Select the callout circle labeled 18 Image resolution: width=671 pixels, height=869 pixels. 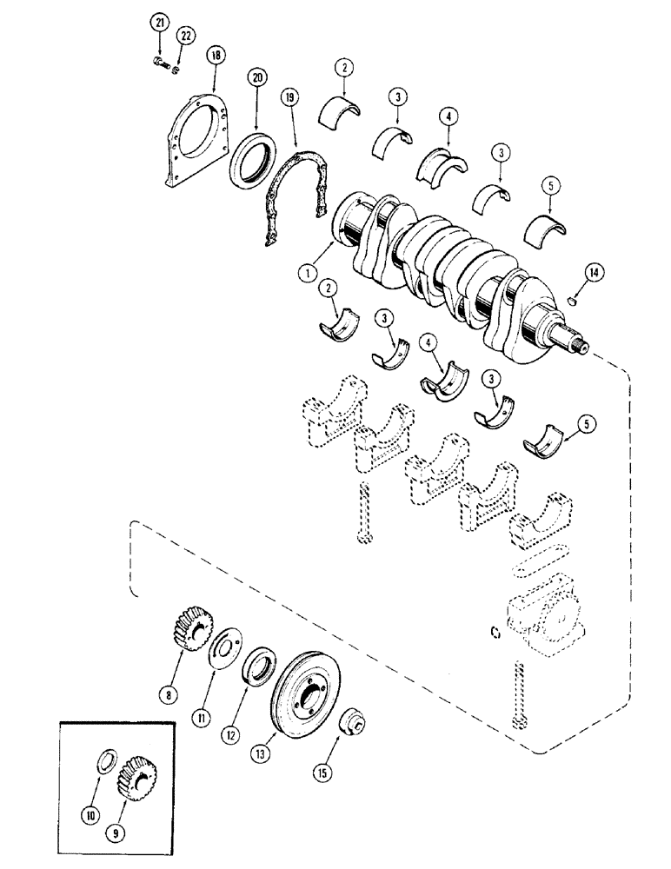(214, 54)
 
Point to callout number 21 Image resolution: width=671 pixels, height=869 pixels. (160, 26)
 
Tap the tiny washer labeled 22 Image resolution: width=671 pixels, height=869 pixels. (175, 69)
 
